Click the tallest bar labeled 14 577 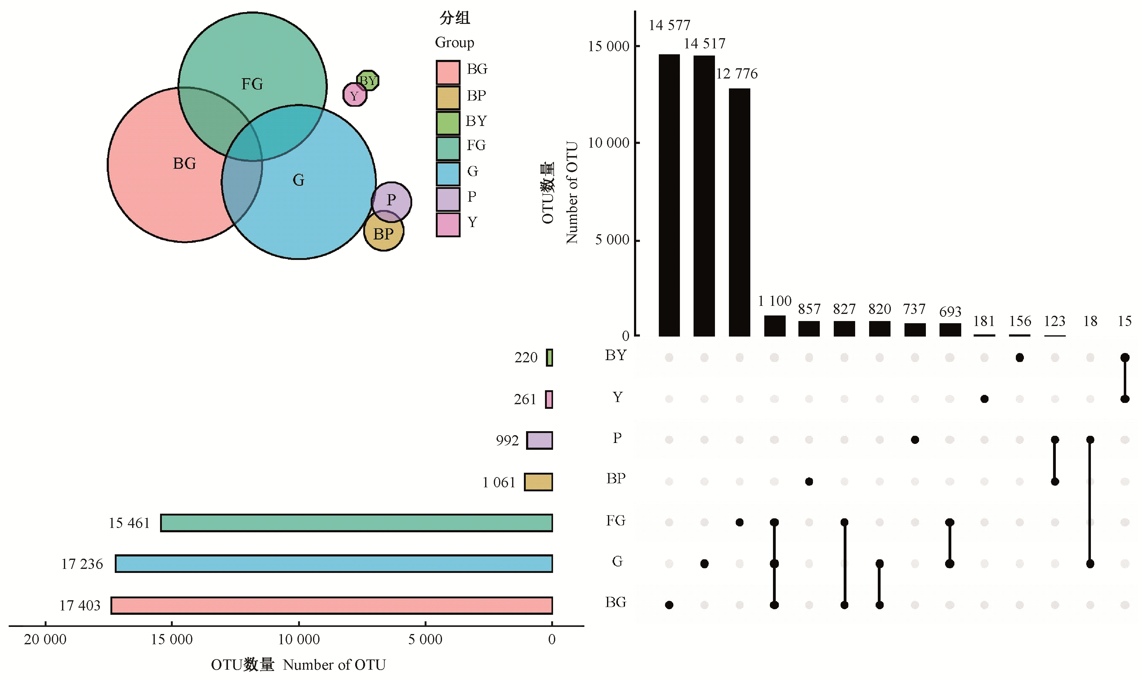click(x=669, y=195)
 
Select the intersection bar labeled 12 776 click(x=739, y=212)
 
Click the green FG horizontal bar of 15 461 click(x=356, y=523)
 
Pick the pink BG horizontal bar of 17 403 click(x=332, y=605)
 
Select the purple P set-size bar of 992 click(x=539, y=440)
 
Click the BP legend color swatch click(x=448, y=97)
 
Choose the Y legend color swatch click(x=448, y=225)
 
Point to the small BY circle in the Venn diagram click(x=368, y=81)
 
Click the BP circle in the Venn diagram click(x=384, y=231)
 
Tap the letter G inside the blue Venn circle click(x=298, y=180)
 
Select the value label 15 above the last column click(x=1124, y=321)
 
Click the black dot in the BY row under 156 click(x=1020, y=358)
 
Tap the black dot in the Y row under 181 click(x=984, y=399)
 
